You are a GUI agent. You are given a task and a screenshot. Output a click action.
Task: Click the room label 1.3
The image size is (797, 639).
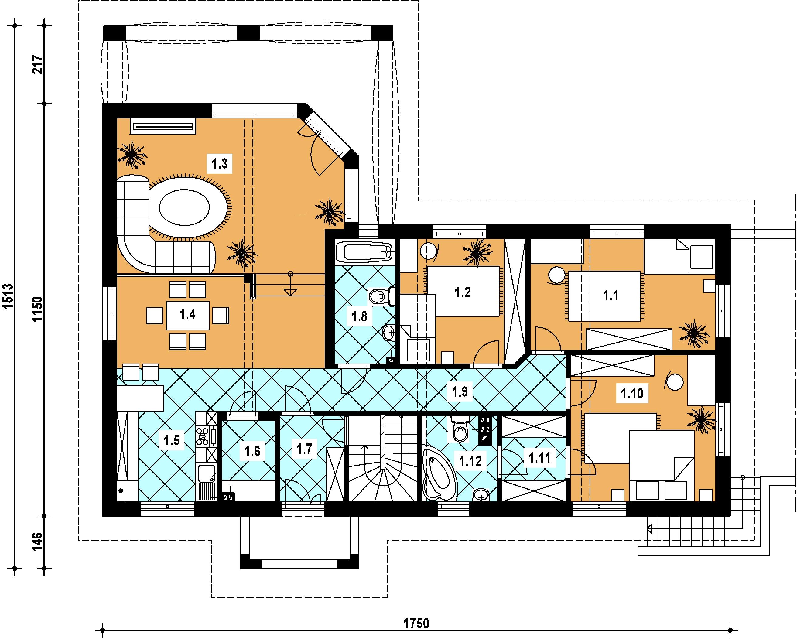coord(220,163)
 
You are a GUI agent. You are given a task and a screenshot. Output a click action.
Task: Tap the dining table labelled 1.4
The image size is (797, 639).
coord(187,315)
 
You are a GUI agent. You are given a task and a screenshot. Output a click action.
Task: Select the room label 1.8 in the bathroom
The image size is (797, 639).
coord(359,317)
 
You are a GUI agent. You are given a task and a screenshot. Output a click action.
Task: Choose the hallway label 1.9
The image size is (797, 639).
coord(460,392)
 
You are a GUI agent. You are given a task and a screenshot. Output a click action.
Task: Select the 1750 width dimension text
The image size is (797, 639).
coord(416,624)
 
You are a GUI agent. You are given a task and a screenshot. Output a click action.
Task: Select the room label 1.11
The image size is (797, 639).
coord(539,458)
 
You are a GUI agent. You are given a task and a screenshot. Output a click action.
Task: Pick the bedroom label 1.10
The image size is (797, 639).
coord(632,394)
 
